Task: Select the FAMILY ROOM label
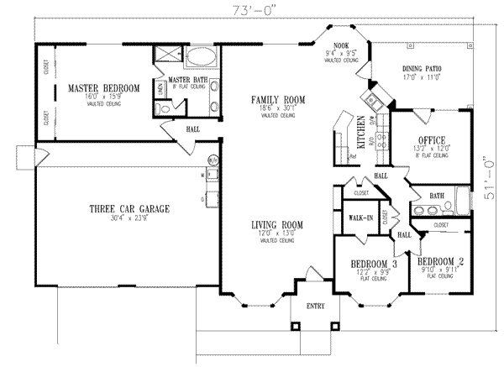click(x=277, y=100)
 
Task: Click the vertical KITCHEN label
click(x=362, y=132)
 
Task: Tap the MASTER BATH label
click(x=189, y=79)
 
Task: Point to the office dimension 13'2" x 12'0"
click(x=431, y=149)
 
